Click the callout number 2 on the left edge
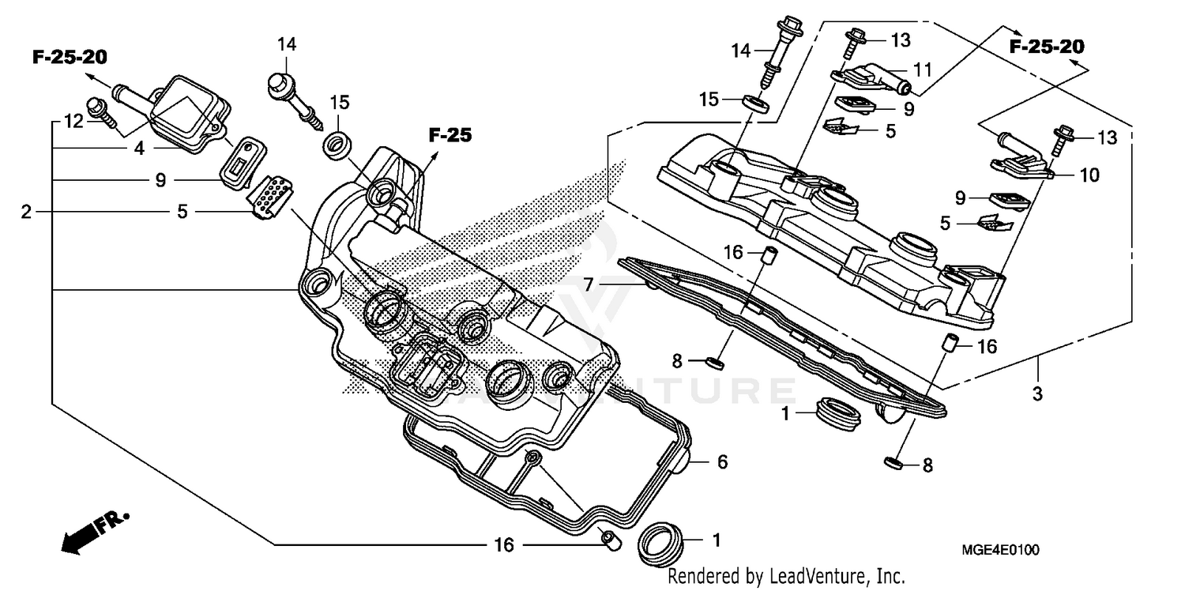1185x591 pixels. tap(27, 213)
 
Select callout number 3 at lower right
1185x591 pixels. tap(1038, 393)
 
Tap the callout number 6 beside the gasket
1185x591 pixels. tap(722, 462)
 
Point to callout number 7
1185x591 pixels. tap(589, 283)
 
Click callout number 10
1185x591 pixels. tap(1089, 175)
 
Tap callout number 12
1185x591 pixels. tap(73, 122)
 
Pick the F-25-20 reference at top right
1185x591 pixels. tap(1047, 47)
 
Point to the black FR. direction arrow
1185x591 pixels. tap(91, 533)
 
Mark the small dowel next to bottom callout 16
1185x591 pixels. tap(609, 540)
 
